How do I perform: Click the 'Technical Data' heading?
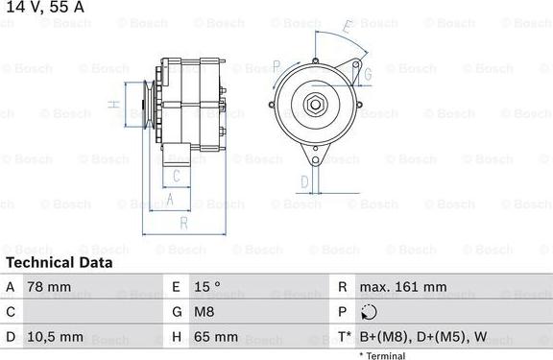(x=59, y=262)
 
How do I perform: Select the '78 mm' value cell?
(x=49, y=287)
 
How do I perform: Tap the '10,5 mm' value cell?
(x=57, y=338)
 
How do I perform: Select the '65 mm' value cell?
(x=215, y=338)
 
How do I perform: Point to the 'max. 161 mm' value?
(x=403, y=287)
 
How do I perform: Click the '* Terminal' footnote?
(x=382, y=355)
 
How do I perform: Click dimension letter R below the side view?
(x=182, y=223)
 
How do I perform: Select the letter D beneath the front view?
(x=304, y=180)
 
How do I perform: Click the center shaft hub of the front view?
(x=315, y=106)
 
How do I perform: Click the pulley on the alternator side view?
(x=147, y=103)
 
